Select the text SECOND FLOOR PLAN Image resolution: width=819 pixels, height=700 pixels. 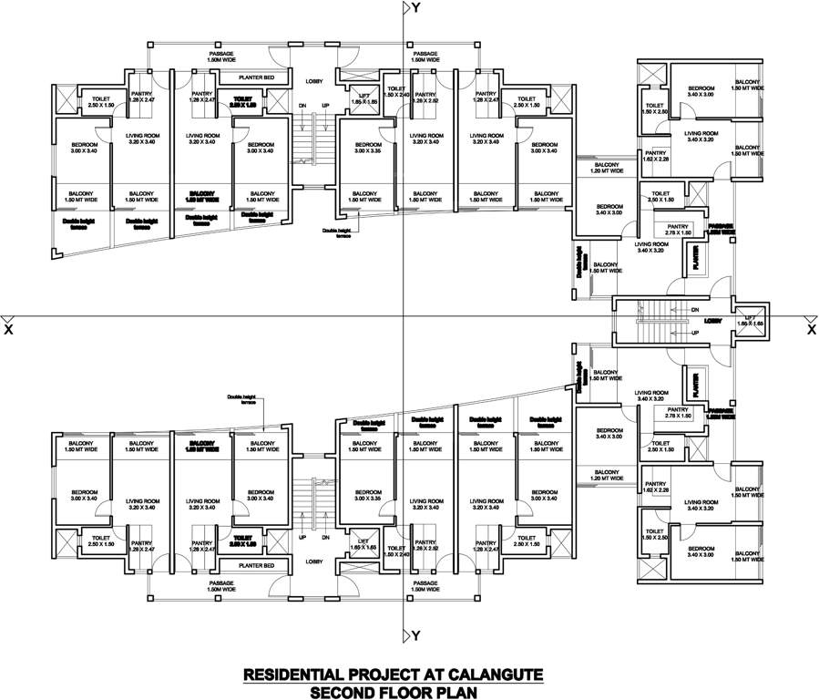point(393,692)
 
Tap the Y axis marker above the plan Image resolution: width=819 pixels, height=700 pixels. point(415,8)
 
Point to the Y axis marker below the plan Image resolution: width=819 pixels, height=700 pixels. point(415,634)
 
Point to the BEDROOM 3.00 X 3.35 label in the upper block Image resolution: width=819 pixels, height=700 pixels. point(367,149)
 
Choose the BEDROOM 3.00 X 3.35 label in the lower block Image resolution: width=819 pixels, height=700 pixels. point(367,496)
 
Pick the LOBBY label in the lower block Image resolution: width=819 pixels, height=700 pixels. point(315,561)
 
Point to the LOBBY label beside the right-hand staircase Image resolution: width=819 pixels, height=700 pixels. point(713,321)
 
